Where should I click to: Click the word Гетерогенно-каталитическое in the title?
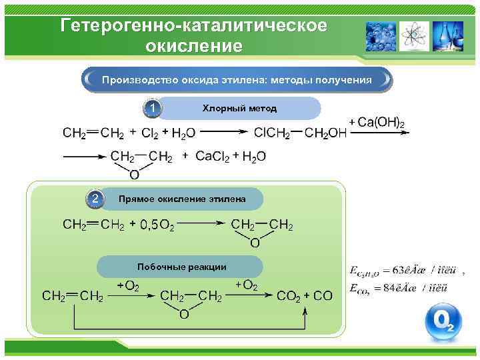(x=193, y=25)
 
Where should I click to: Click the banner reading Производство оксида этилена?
(x=237, y=80)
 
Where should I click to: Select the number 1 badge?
(x=153, y=108)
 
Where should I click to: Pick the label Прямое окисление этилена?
(x=181, y=199)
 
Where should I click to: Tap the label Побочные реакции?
(x=181, y=267)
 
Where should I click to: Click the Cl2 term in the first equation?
(x=150, y=133)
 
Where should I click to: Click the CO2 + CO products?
(x=304, y=296)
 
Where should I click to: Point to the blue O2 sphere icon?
(x=443, y=323)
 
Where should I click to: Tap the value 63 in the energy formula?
(x=399, y=271)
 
